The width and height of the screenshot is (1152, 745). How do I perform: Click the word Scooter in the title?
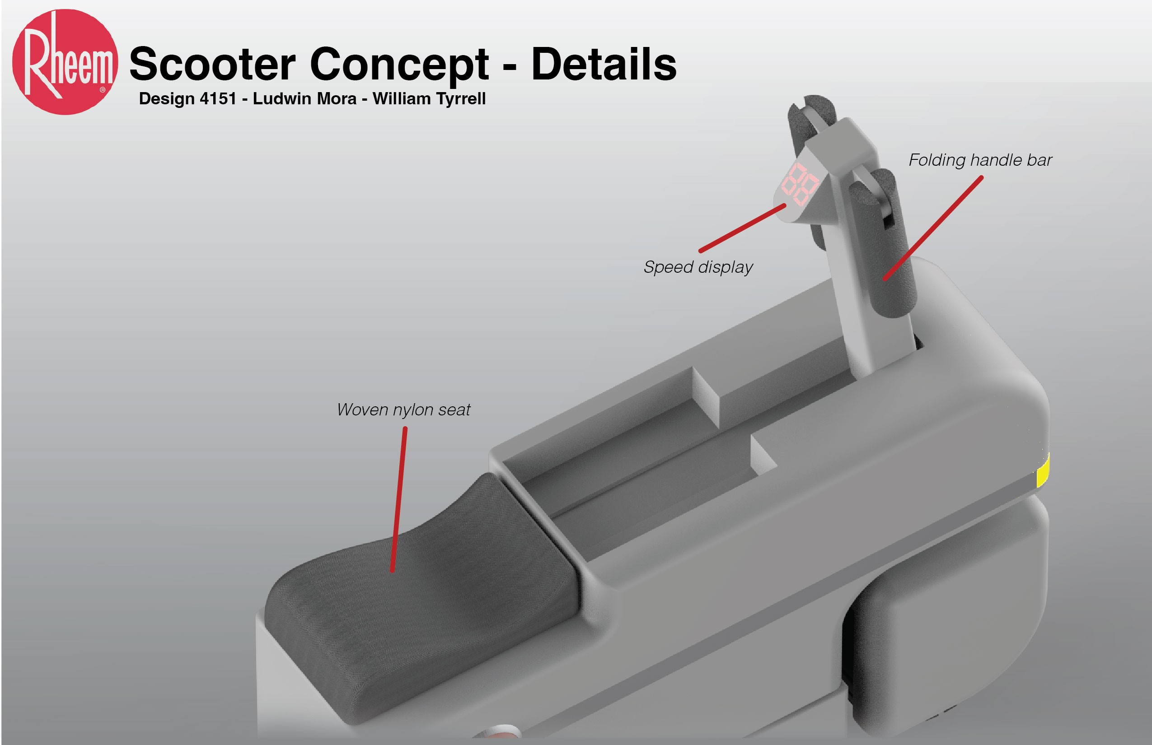pos(212,64)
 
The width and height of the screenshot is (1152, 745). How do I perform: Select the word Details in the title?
pos(604,64)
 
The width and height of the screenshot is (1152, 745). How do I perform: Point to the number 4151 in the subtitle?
pos(218,99)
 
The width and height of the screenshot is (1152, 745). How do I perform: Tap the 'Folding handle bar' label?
pos(980,160)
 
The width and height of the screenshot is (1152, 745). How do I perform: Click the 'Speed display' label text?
pos(698,267)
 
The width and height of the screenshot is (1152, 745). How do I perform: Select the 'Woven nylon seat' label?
pos(403,410)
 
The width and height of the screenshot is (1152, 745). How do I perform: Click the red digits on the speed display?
pos(800,184)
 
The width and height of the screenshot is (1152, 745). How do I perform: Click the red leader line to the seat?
pos(399,498)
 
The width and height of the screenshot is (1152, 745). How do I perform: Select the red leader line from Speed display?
pos(742,228)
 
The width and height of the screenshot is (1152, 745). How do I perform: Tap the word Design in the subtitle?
pos(167,99)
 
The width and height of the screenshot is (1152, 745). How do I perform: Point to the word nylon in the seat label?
pos(413,410)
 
